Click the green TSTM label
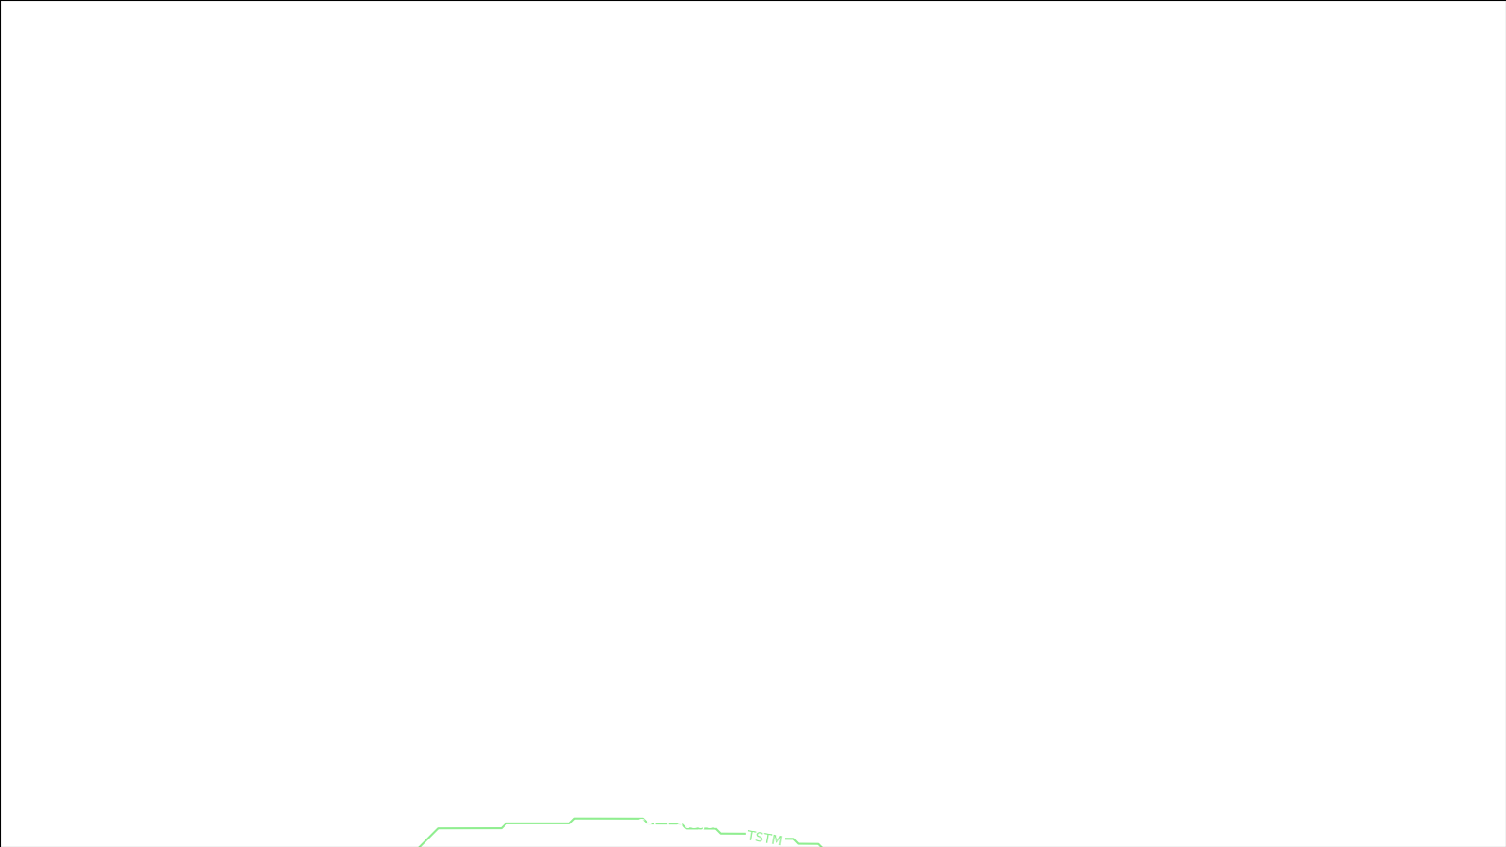[x=765, y=838]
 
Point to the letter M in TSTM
[x=777, y=839]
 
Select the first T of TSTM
[x=752, y=835]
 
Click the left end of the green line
[x=421, y=845]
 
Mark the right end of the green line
[x=820, y=845]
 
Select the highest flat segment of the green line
[x=608, y=819]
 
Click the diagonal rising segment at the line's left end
[x=429, y=837]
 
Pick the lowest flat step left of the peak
[x=470, y=829]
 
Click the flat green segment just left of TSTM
[x=732, y=833]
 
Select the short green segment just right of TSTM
[x=790, y=839]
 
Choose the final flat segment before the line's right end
[x=809, y=844]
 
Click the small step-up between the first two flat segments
[x=505, y=826]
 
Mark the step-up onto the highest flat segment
[x=572, y=821]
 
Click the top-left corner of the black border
[x=1, y=1]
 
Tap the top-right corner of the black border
[x=1504, y=1]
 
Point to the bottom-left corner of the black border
[x=1, y=845]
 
